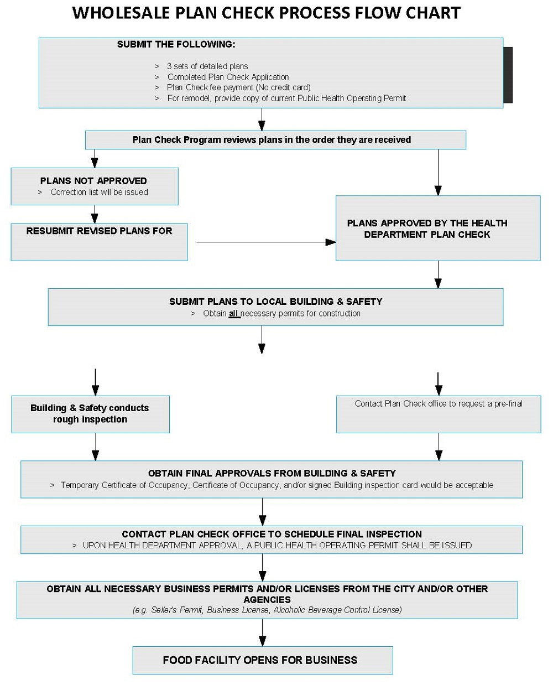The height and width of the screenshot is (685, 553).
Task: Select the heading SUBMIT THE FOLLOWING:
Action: click(176, 44)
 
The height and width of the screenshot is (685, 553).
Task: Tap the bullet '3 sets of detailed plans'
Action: click(207, 66)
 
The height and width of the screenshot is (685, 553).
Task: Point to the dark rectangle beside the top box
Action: click(508, 75)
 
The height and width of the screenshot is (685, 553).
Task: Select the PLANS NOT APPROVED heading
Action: click(93, 181)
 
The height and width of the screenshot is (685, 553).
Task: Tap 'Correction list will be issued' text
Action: click(99, 193)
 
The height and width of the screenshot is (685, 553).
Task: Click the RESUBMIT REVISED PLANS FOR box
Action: click(99, 241)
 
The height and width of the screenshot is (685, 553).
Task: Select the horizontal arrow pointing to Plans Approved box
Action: click(265, 242)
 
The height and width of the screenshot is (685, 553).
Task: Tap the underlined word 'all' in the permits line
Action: click(234, 314)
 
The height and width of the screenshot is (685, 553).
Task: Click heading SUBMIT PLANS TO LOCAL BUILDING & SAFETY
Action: click(275, 302)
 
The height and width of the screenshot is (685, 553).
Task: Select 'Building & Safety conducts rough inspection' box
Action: click(90, 414)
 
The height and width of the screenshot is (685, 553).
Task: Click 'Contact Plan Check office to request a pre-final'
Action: click(438, 404)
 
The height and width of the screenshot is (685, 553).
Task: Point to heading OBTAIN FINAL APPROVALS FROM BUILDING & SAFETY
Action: click(272, 473)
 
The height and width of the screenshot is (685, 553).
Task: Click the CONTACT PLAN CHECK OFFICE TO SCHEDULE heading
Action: click(272, 534)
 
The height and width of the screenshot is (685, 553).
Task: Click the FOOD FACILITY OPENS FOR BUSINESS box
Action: click(262, 660)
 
